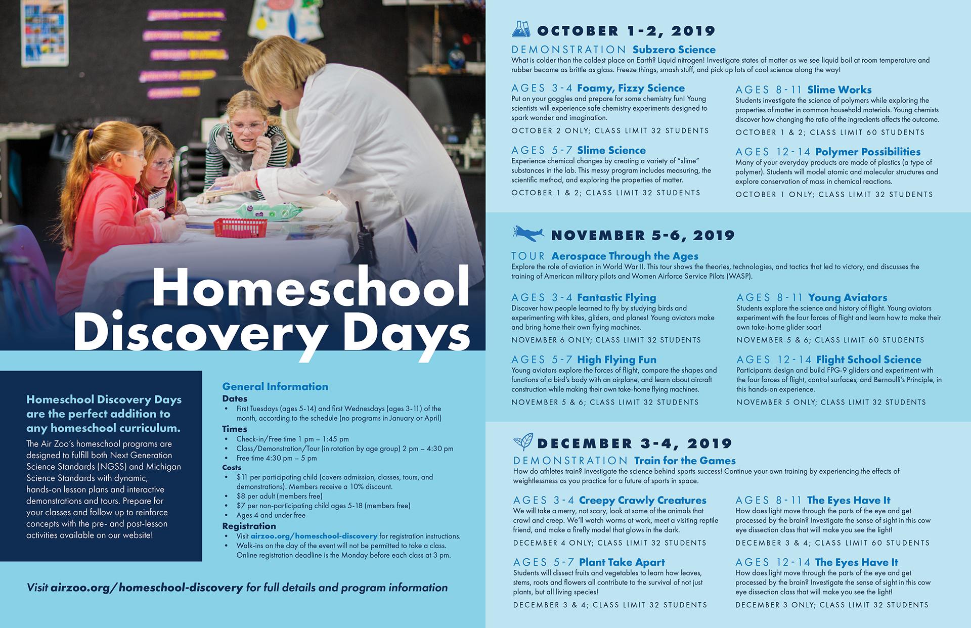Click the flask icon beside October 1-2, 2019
(521, 29)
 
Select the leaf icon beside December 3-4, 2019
(523, 441)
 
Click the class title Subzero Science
(674, 50)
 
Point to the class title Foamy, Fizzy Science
(631, 88)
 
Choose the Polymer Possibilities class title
(867, 152)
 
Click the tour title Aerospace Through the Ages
(625, 256)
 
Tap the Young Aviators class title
(847, 297)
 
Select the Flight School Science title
(868, 360)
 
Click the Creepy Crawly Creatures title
(642, 500)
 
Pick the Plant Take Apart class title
(622, 562)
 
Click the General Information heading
(275, 386)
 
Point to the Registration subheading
(249, 526)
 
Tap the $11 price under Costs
(241, 477)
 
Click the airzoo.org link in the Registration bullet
(314, 536)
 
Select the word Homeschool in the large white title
(311, 287)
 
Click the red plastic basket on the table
(240, 228)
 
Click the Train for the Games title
(685, 461)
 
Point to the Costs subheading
(232, 467)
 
